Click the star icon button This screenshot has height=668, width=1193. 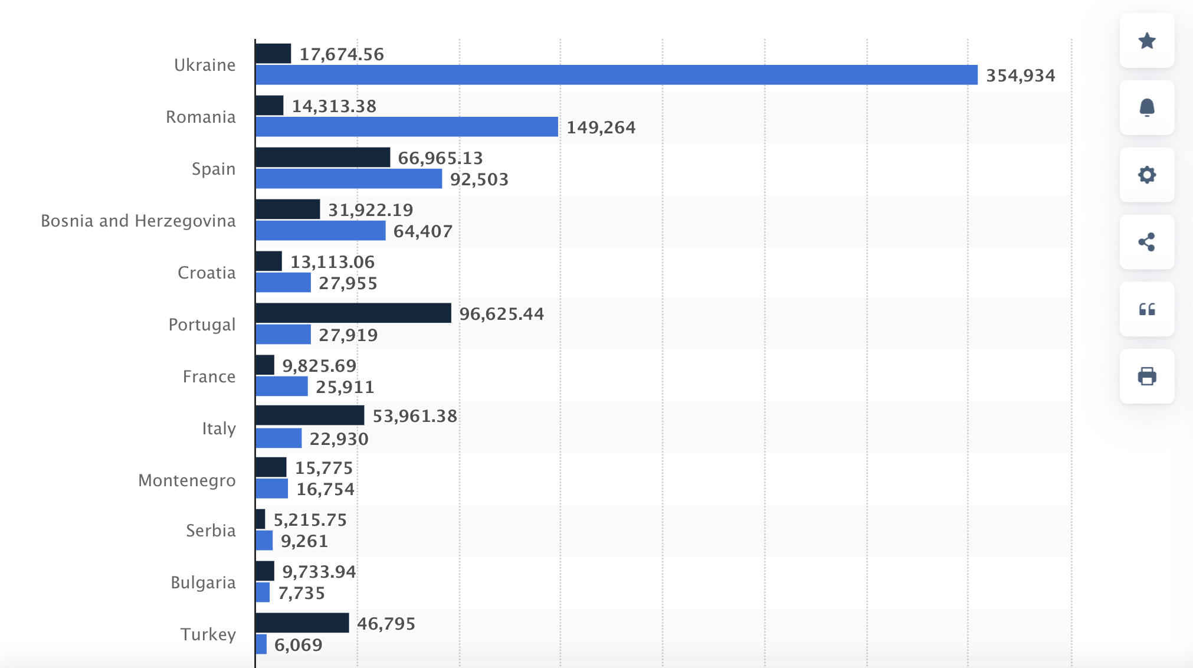[x=1147, y=41]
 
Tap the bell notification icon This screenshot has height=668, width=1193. [x=1147, y=108]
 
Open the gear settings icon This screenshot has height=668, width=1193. [x=1147, y=175]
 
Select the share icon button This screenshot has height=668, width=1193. [x=1147, y=242]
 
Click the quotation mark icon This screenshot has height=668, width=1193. [x=1147, y=309]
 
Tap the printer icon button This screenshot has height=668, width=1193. [x=1147, y=376]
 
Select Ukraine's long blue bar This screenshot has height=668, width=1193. [x=617, y=75]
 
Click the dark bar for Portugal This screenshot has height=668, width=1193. [x=353, y=313]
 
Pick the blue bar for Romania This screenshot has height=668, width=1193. [x=407, y=127]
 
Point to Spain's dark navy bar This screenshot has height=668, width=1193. [x=323, y=158]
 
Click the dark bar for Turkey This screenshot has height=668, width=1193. [x=303, y=623]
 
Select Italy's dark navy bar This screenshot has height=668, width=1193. [x=310, y=415]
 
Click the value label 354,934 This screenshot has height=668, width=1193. [x=1021, y=76]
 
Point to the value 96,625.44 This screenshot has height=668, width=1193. [x=502, y=314]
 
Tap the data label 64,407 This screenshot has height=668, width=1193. [x=423, y=231]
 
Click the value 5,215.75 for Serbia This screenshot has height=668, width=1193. [x=310, y=520]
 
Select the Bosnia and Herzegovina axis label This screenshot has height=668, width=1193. [x=138, y=221]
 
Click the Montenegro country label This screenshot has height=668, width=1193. [x=187, y=480]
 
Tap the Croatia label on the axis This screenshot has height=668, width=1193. [x=207, y=273]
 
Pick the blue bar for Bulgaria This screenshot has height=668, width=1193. [x=263, y=592]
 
